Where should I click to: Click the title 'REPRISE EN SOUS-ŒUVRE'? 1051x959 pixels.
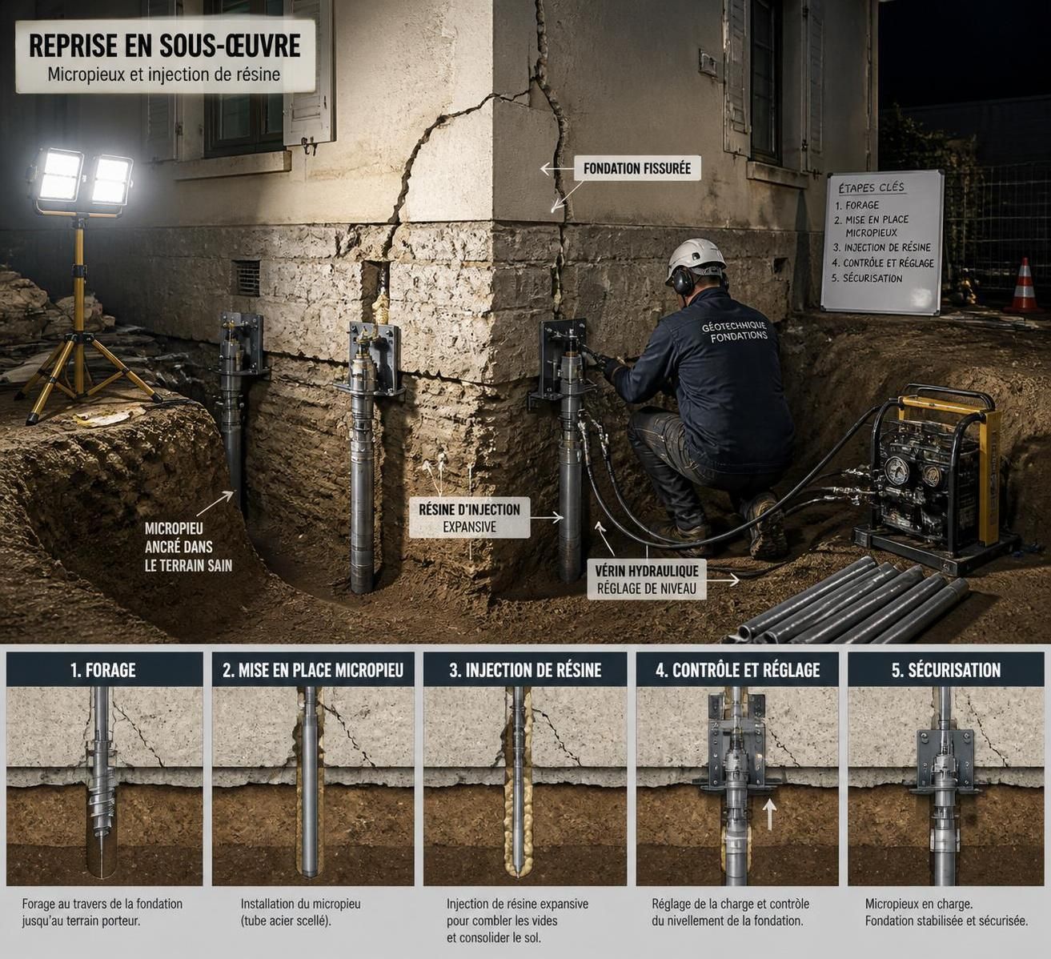165,46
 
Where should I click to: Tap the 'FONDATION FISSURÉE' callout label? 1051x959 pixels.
637,169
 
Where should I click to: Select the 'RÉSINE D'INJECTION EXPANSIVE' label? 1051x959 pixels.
469,518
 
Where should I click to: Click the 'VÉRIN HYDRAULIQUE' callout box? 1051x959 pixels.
647,579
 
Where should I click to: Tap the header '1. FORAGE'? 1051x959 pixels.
103,670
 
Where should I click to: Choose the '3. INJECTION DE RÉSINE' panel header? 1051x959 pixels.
525,670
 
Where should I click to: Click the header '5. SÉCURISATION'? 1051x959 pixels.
946,670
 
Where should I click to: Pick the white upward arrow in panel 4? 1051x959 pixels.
769,814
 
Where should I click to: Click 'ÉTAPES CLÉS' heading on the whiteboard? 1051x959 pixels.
871,187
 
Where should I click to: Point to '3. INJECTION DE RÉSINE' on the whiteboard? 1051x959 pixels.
882,247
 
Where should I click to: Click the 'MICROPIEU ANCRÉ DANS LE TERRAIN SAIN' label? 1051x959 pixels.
188,547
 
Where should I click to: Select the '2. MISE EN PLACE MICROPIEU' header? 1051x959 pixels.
313,670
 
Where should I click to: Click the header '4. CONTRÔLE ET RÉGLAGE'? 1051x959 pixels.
738,670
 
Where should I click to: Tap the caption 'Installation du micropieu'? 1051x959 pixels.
300,904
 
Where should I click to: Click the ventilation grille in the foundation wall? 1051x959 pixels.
246,278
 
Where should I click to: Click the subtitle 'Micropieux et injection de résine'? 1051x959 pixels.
164,74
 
